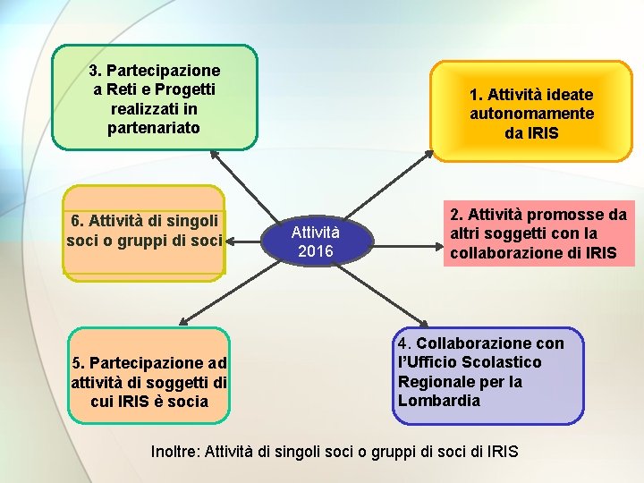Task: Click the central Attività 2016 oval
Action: click(x=315, y=241)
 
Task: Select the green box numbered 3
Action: click(x=155, y=97)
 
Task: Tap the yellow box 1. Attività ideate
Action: click(x=531, y=113)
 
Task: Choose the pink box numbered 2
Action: click(x=538, y=233)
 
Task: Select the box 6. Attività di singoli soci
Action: click(x=144, y=231)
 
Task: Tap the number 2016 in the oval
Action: click(x=315, y=251)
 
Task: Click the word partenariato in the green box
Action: click(x=154, y=128)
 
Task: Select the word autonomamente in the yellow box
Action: click(x=531, y=114)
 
